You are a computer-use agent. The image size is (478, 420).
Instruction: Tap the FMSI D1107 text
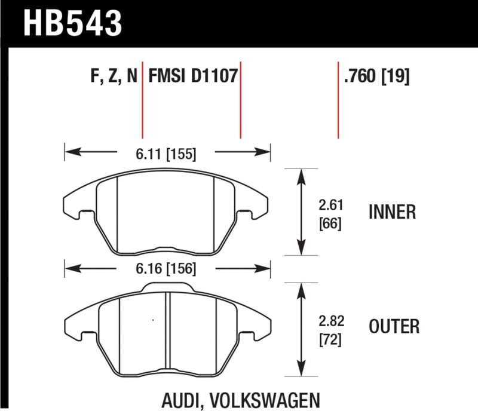(x=192, y=77)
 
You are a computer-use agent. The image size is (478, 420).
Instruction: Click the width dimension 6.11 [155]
(x=166, y=155)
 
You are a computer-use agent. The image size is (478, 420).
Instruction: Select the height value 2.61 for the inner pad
(x=330, y=206)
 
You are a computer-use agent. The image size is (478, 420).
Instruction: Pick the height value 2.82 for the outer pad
(x=330, y=320)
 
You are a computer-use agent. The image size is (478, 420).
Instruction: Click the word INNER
(x=393, y=212)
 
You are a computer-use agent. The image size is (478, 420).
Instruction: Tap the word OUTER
(x=394, y=327)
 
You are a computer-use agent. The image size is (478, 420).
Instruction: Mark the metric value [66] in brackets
(x=330, y=226)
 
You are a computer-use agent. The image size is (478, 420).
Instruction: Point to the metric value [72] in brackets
(x=330, y=340)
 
